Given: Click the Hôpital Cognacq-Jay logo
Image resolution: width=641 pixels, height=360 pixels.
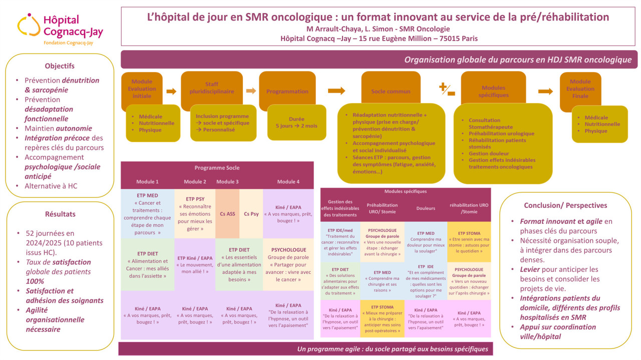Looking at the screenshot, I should [x=60, y=29].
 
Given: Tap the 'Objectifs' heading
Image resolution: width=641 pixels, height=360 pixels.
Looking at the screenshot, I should [x=60, y=66].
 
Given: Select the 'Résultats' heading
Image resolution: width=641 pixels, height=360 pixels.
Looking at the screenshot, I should [x=60, y=214].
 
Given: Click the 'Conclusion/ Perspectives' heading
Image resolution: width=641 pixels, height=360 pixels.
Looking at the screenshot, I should [x=565, y=205].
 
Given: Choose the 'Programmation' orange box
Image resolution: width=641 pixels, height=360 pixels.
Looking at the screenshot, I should [x=287, y=91].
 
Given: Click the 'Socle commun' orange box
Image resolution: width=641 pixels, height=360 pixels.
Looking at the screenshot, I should [x=391, y=91].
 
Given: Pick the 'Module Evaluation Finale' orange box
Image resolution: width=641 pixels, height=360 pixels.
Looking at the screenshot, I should [x=580, y=89].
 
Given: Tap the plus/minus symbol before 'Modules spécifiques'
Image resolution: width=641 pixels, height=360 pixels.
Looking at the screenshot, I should [x=447, y=90].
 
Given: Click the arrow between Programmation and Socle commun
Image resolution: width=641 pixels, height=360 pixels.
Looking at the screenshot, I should [x=336, y=91].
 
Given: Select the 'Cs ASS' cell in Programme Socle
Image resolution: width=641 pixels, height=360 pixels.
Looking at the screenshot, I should [x=227, y=214].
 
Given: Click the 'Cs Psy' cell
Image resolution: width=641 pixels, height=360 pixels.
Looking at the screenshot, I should [x=251, y=214].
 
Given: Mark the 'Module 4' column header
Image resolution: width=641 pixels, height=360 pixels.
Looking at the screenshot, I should [x=288, y=181].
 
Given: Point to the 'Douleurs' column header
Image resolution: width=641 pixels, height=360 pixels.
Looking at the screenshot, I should [x=426, y=208].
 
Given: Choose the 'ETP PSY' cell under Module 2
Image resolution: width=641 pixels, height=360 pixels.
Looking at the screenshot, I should [x=195, y=214].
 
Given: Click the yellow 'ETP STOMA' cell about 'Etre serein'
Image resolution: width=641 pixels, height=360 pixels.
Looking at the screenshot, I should [x=469, y=243].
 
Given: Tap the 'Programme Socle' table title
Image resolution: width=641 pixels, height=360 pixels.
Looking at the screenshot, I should [x=217, y=168].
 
